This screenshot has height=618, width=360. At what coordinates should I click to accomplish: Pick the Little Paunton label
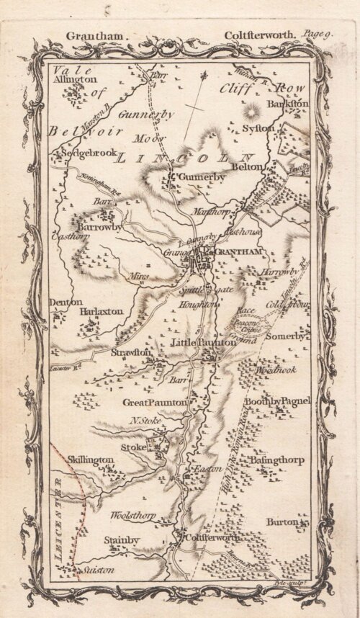click(203, 344)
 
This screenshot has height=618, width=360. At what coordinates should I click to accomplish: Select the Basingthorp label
click(276, 459)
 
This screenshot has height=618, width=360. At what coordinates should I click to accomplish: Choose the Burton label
click(282, 521)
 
